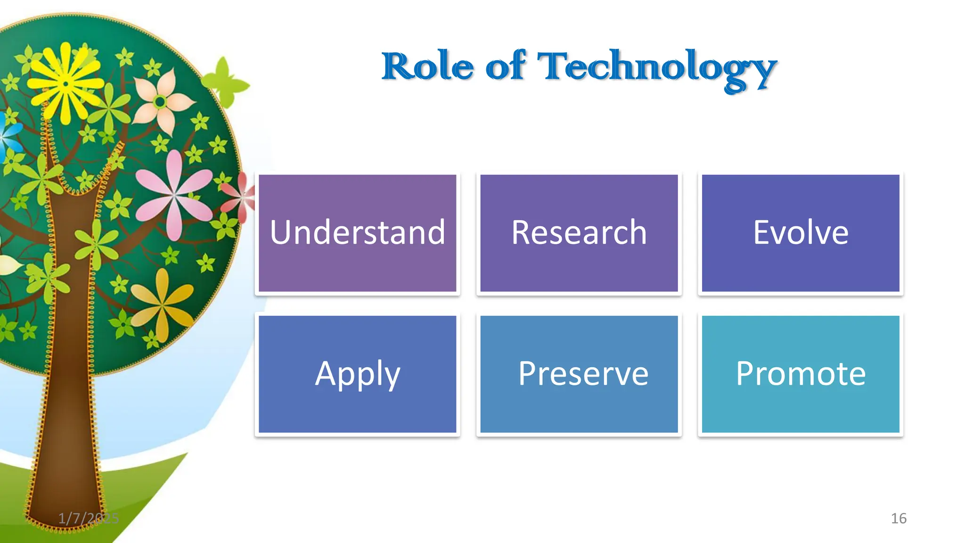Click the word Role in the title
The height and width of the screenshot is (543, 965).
point(427,66)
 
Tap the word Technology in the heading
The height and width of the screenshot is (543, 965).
point(656,68)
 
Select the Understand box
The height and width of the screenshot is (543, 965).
point(357,233)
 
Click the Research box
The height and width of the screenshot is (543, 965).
point(579,233)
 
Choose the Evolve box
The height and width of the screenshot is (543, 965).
point(800,233)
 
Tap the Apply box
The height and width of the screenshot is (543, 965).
point(357,374)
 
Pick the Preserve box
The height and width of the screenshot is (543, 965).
point(579,374)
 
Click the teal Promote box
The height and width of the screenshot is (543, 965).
point(800,374)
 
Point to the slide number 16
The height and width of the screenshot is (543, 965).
point(898,518)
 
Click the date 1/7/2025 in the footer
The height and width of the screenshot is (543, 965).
point(88,518)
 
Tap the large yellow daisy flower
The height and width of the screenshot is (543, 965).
point(66,85)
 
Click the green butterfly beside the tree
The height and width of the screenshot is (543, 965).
point(226,83)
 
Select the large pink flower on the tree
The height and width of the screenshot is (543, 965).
point(174,194)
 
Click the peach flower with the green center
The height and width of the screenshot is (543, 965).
point(161,102)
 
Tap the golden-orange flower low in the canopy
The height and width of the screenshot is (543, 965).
point(162,305)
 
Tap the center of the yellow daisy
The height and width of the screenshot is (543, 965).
point(66,84)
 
